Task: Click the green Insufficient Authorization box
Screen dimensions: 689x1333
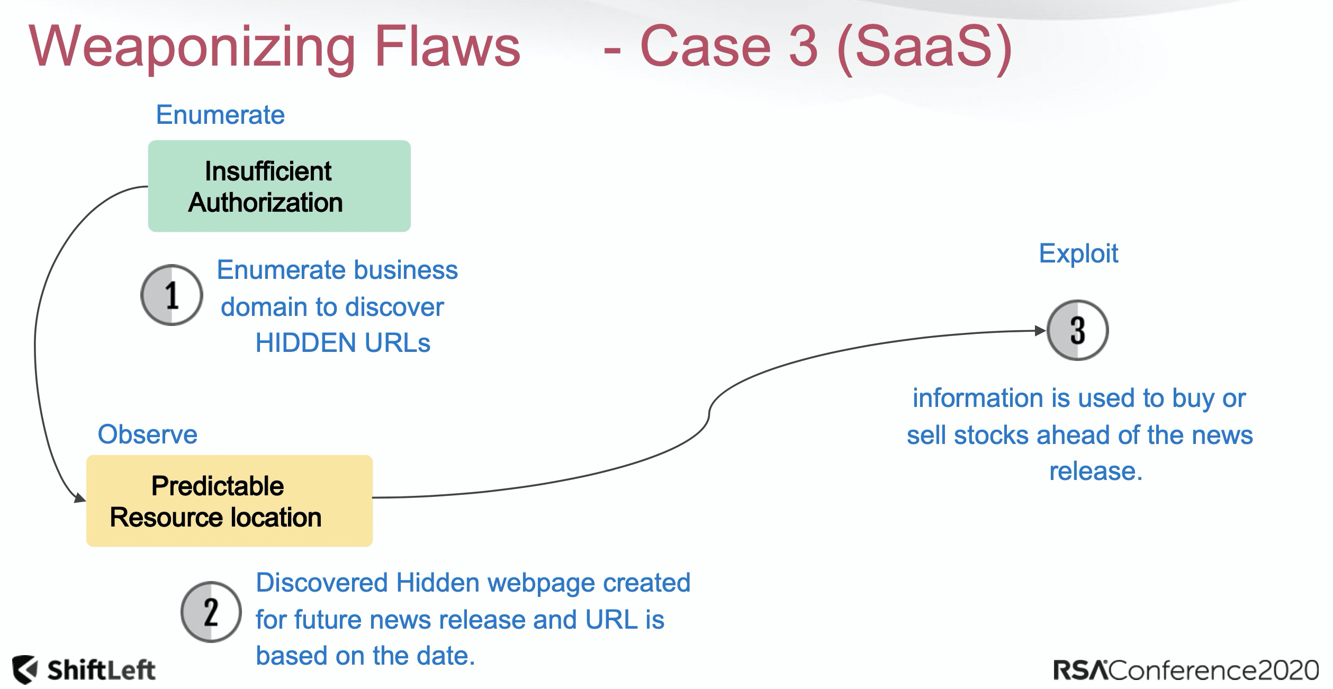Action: (x=279, y=186)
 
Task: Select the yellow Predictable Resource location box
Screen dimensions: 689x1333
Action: (x=229, y=501)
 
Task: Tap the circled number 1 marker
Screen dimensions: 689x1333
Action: (x=172, y=295)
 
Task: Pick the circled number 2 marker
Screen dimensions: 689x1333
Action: (x=211, y=612)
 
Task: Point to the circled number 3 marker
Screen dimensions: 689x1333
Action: (x=1077, y=330)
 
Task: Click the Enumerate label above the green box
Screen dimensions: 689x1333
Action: (x=220, y=115)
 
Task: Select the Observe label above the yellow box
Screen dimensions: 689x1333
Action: (x=147, y=434)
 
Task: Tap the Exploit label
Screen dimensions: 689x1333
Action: (x=1078, y=253)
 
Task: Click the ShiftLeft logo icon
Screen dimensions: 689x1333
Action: (x=25, y=670)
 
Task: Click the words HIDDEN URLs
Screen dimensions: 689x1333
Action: (x=343, y=343)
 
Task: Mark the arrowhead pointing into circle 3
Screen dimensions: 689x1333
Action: (x=1040, y=331)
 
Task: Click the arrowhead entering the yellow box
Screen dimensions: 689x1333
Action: (x=80, y=498)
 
